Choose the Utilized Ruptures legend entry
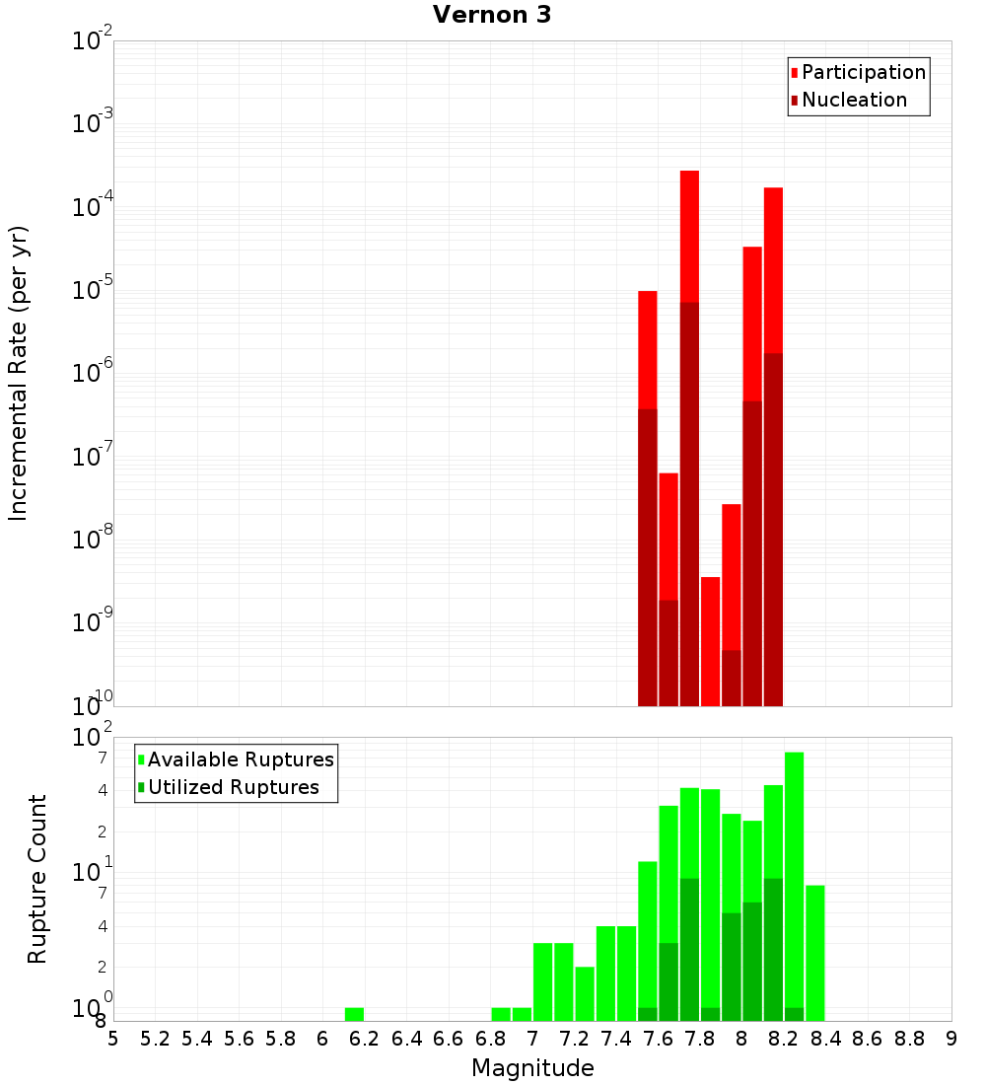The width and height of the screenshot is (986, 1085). pyautogui.click(x=233, y=787)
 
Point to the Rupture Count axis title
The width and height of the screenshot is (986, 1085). pyautogui.click(x=37, y=879)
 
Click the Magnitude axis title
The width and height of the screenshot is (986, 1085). pyautogui.click(x=532, y=1068)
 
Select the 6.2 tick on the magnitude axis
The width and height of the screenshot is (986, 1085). pyautogui.click(x=365, y=1039)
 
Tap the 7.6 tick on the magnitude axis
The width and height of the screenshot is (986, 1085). pyautogui.click(x=658, y=1039)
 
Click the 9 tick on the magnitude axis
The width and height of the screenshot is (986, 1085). pyautogui.click(x=951, y=1039)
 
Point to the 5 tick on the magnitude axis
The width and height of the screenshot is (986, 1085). pyautogui.click(x=113, y=1039)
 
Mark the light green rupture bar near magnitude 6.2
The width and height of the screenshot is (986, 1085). pyautogui.click(x=354, y=1014)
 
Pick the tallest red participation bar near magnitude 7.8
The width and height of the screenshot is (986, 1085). pyautogui.click(x=689, y=237)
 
